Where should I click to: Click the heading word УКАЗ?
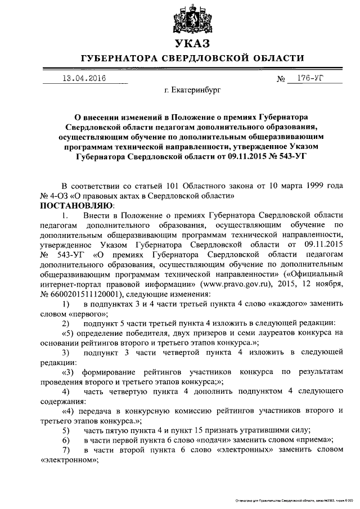[x=192, y=43]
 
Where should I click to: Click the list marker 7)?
[x=66, y=450]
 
